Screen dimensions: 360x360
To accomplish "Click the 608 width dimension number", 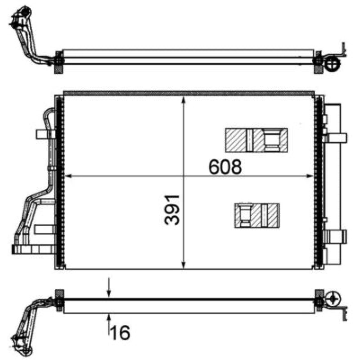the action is [225, 166].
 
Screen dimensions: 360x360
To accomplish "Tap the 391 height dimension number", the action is [172, 210].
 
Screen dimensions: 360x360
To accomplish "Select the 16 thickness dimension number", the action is [120, 333].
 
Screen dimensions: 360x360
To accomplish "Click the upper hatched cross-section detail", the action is [256, 140].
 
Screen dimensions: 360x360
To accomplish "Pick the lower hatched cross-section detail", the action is [256, 216].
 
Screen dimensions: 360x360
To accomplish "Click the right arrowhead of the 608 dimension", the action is [310, 176].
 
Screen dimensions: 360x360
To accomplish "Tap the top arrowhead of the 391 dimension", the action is [183, 100].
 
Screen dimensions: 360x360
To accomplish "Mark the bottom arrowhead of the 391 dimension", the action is [183, 265].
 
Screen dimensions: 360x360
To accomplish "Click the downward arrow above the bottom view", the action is [109, 287].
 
